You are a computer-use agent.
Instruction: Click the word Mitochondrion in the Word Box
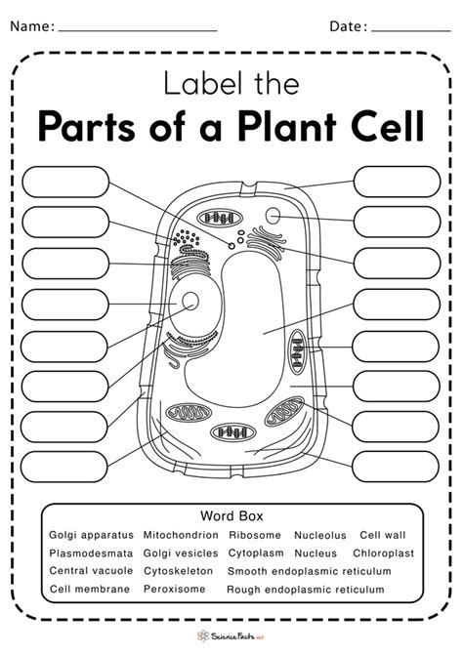click(x=181, y=535)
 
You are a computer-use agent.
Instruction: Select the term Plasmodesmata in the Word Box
click(x=89, y=552)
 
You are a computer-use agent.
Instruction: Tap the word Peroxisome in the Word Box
click(x=176, y=590)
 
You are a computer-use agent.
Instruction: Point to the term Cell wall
click(x=384, y=535)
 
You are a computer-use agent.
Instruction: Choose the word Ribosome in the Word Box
click(x=255, y=535)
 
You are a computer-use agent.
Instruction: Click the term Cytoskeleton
click(x=181, y=571)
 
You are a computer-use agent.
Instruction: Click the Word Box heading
click(x=231, y=515)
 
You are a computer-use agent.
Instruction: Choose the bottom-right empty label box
click(x=383, y=467)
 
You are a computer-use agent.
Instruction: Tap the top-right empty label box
click(x=383, y=181)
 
